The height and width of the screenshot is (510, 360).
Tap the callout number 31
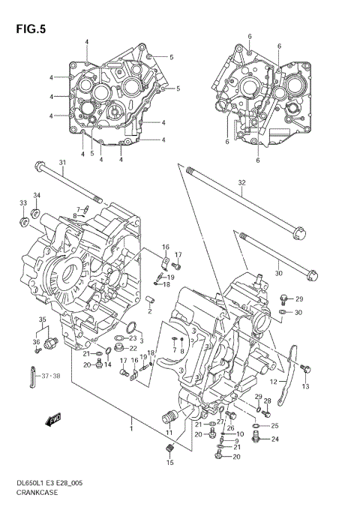[x=63, y=163]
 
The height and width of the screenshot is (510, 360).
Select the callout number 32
[x=241, y=183]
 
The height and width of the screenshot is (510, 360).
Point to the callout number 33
[x=22, y=202]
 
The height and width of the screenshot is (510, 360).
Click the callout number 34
[x=37, y=196]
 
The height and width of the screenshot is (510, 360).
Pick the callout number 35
[x=43, y=320]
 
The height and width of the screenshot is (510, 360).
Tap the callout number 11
[x=169, y=433]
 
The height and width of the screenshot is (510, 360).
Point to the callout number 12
[x=274, y=382]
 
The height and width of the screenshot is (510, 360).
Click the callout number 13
[x=305, y=386]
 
